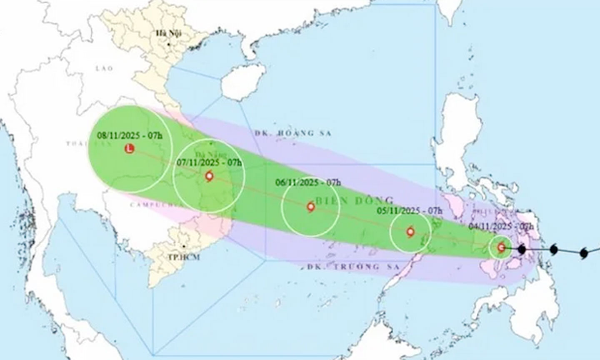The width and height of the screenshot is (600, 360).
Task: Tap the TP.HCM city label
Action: (184, 257)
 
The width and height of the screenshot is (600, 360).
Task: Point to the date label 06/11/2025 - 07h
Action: (308, 182)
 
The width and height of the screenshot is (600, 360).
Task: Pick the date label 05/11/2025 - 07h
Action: (410, 211)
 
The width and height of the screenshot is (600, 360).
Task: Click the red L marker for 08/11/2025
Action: (130, 148)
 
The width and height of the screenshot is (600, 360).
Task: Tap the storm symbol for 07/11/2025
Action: (209, 177)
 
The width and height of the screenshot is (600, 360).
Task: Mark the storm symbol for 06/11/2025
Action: (310, 207)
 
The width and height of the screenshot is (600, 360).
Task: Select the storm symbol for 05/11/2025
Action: (410, 232)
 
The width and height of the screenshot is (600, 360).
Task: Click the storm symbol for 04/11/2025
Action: (501, 247)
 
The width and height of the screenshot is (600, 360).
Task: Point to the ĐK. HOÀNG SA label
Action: (292, 133)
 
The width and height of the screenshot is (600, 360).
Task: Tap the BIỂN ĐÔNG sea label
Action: (355, 200)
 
